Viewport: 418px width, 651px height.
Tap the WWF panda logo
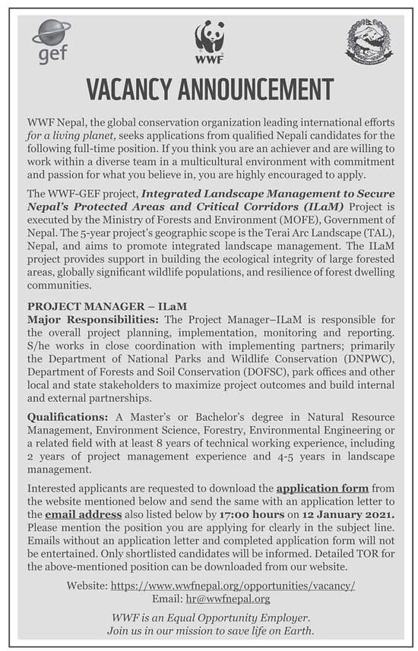[209, 41]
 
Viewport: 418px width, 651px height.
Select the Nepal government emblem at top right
[369, 41]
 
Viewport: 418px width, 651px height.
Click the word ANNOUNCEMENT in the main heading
[259, 90]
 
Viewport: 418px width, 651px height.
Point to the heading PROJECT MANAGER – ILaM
[107, 306]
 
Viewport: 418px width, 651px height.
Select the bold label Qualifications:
[69, 417]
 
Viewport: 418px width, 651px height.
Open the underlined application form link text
[322, 488]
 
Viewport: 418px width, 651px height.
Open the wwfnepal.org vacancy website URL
[233, 586]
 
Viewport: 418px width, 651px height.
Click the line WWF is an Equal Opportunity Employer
[209, 618]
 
